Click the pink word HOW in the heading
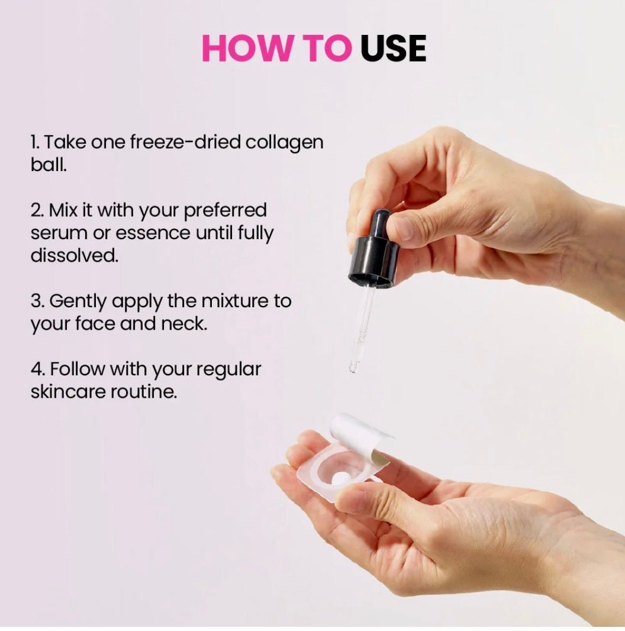[x=246, y=49]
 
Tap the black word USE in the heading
[x=393, y=49]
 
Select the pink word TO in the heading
[x=324, y=49]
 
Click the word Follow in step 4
[x=77, y=369]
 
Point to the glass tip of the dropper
[x=354, y=367]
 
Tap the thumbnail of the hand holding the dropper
[x=403, y=228]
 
